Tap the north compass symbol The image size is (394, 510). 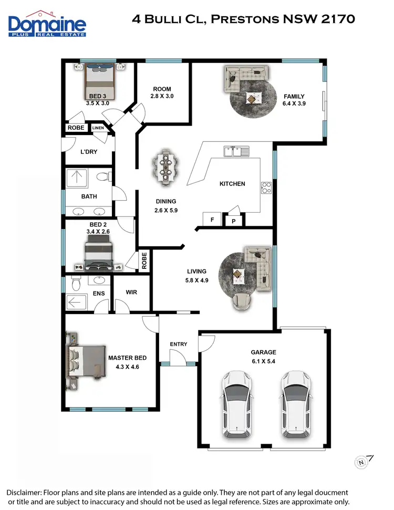coord(361,462)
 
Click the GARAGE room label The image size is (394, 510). coord(263,352)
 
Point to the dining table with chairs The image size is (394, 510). coord(166,167)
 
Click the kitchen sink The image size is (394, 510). coord(236,152)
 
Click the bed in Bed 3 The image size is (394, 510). coord(100,80)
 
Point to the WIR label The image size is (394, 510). coord(131,292)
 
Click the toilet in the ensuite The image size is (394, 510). coord(75,284)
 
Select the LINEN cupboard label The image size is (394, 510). coord(98,128)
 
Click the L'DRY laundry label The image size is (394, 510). coord(89,152)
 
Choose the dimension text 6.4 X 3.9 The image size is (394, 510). coord(294,104)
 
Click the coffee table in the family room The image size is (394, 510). coord(253,98)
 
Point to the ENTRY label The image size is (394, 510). coord(179,344)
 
